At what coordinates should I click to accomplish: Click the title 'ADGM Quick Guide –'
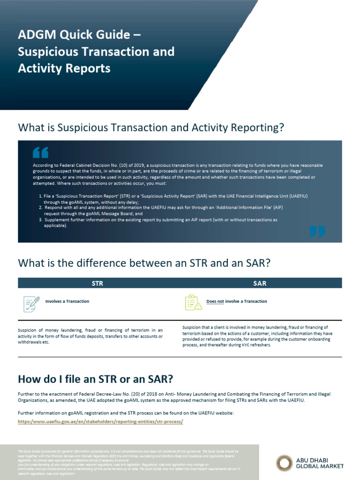point(78,35)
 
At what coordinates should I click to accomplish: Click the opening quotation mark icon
point(40,153)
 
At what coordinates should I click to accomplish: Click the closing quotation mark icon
point(317,231)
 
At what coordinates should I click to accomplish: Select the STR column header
point(97,283)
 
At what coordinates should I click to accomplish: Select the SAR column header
point(260,283)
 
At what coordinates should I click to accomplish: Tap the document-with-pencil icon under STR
point(31,303)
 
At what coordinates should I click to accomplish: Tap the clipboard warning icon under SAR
point(193,303)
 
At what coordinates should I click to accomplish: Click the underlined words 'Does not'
point(215,301)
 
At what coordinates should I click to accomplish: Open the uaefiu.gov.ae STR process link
point(100,421)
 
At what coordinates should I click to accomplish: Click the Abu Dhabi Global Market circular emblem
point(284,463)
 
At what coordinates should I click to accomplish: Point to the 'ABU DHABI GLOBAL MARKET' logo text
point(320,463)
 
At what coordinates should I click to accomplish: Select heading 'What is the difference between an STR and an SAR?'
point(144,263)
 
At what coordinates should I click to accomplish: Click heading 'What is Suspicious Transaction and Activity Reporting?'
point(151,127)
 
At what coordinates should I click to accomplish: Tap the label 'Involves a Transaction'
point(67,301)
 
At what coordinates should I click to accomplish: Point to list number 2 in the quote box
point(40,207)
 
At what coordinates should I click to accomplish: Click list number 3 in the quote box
point(40,219)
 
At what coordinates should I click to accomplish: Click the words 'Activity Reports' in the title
point(64,68)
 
